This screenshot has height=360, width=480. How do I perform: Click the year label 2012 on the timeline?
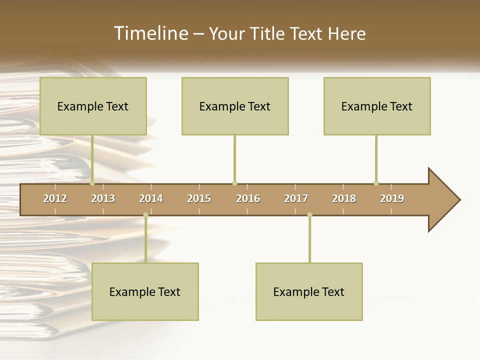click(x=55, y=198)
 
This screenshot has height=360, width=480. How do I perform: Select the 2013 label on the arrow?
click(x=103, y=198)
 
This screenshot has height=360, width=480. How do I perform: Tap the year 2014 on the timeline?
click(x=151, y=198)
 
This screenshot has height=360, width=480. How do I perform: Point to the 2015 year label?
click(x=199, y=198)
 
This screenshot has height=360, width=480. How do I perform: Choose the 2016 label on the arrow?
click(x=248, y=198)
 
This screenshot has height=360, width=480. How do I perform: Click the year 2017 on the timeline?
click(x=296, y=198)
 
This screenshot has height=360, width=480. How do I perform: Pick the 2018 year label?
click(x=344, y=198)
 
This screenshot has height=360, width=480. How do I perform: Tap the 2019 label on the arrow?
click(x=392, y=198)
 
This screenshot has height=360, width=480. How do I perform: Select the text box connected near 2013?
click(x=93, y=106)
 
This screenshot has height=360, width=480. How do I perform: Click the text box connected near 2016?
click(x=235, y=106)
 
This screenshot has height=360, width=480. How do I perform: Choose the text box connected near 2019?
click(x=377, y=106)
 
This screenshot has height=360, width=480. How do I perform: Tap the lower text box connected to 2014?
click(x=145, y=291)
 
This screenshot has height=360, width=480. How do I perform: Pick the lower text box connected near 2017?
click(x=309, y=291)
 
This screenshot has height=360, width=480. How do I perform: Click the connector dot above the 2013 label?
click(x=92, y=183)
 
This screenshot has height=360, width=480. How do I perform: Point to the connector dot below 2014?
click(x=145, y=215)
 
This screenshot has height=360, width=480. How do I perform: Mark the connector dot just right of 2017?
click(x=309, y=215)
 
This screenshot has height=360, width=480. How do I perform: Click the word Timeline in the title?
click(x=150, y=33)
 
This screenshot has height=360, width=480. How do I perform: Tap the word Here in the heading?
click(x=346, y=33)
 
